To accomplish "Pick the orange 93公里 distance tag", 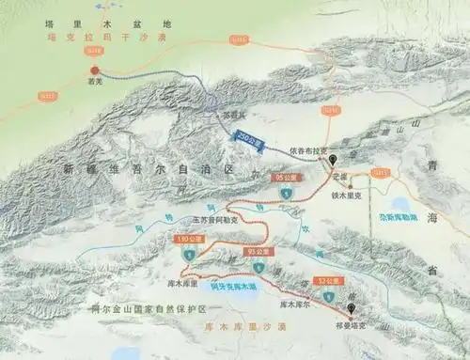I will click(258, 252).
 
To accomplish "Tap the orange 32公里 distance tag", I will click(328, 280).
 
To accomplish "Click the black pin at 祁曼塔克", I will click(352, 308).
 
